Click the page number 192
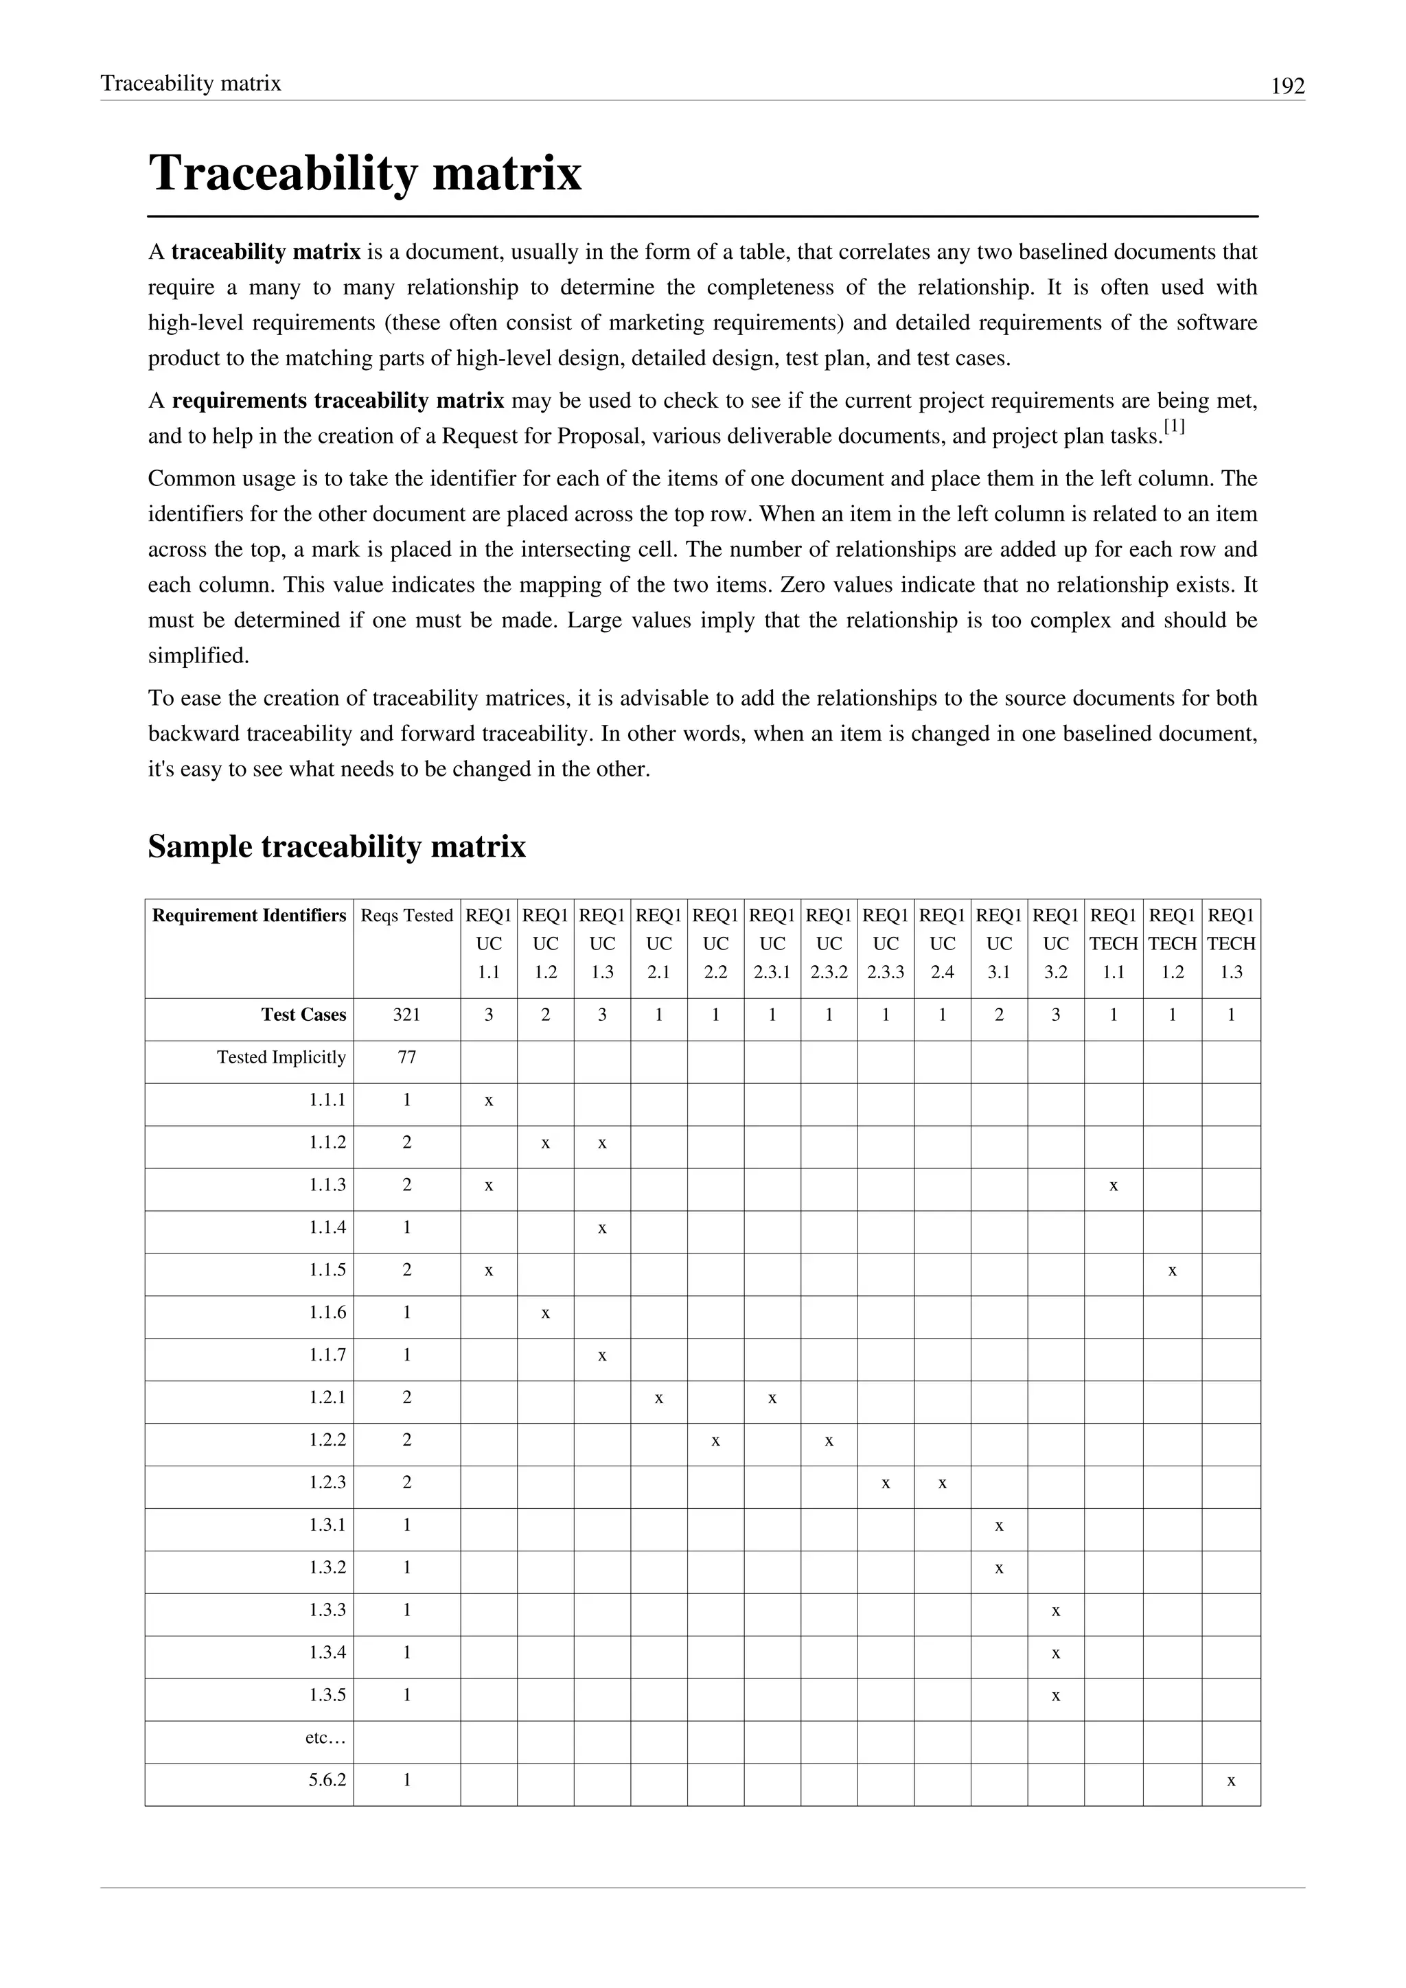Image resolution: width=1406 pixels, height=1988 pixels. click(1287, 86)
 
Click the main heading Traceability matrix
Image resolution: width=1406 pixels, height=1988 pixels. click(365, 173)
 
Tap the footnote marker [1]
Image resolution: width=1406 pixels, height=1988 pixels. click(1174, 427)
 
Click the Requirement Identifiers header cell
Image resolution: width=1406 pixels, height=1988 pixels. click(249, 916)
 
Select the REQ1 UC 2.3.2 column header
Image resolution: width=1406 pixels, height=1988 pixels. click(829, 944)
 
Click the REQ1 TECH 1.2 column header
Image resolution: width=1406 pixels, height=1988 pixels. click(1173, 944)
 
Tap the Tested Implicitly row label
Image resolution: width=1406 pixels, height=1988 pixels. click(281, 1057)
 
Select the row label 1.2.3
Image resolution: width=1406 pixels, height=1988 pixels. click(327, 1482)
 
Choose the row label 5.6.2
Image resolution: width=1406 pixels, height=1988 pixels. click(327, 1780)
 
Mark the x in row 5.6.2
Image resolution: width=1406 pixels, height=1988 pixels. click(1231, 1781)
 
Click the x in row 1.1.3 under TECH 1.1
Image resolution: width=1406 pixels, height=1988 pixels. click(1114, 1186)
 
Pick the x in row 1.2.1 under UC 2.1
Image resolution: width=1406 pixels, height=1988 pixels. click(659, 1398)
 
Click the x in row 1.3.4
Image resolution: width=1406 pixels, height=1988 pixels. click(1055, 1654)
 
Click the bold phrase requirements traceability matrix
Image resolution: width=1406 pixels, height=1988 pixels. click(338, 401)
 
